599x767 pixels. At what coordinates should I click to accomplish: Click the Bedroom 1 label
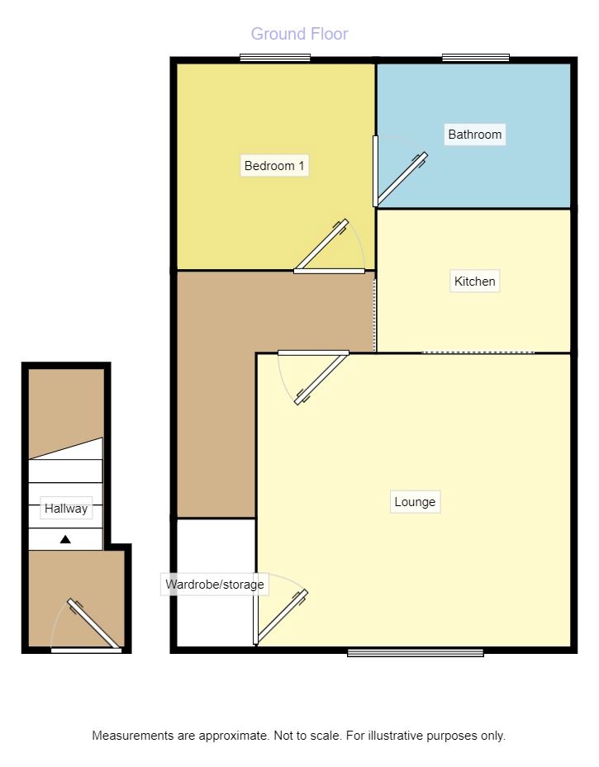274,166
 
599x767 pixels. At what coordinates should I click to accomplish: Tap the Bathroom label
475,135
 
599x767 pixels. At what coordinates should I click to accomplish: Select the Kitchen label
475,282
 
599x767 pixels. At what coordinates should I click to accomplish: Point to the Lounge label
415,502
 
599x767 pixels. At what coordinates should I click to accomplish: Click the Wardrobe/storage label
214,584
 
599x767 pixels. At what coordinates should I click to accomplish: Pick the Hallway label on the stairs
66,509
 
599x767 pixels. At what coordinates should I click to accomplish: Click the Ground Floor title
299,34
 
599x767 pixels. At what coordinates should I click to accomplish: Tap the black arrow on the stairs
65,539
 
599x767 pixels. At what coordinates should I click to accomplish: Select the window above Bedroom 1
275,58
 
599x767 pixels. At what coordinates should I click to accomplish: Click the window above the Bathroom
476,58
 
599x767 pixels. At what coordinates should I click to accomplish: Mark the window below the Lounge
416,652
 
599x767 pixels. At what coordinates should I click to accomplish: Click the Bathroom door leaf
402,179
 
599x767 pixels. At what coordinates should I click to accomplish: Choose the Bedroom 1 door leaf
322,244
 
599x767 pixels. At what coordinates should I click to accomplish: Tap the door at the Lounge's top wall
321,379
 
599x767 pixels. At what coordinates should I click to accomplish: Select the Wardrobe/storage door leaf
282,616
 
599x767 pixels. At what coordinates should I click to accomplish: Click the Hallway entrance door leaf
93,623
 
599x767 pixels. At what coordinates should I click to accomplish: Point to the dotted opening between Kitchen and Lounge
478,353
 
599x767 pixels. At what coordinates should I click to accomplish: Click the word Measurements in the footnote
133,736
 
